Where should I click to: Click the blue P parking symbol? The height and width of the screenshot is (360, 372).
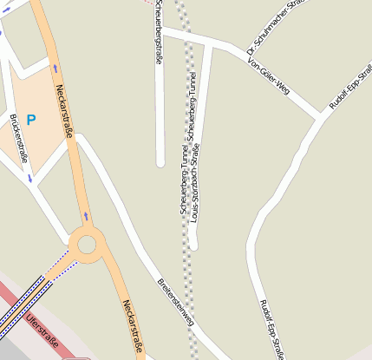coord(31,120)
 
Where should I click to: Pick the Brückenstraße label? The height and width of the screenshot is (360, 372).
coord(18,138)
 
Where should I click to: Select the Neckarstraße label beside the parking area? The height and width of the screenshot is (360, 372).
coord(63,110)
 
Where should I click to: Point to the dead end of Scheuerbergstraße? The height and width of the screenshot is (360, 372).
coord(160,162)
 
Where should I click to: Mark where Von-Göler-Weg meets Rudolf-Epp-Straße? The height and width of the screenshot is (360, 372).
coord(322,116)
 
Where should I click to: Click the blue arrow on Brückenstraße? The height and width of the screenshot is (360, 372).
coord(29,179)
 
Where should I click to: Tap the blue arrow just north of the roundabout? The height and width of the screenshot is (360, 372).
coord(85,216)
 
